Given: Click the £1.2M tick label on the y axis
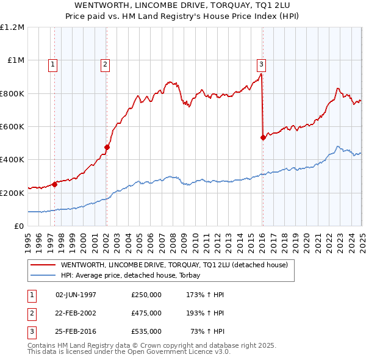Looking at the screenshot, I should click(x=13, y=27).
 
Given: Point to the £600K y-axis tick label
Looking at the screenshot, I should click(x=12, y=127).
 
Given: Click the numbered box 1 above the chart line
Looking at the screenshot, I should click(x=53, y=64).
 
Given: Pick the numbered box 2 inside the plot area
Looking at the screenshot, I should click(x=105, y=64).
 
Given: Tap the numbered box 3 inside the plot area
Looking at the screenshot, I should click(x=260, y=64).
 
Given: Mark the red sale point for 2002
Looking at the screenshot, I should click(x=107, y=147).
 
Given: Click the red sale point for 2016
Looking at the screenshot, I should click(x=263, y=137).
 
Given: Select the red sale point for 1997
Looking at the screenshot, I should click(x=54, y=184).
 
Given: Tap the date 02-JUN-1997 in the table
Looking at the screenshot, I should click(x=76, y=295).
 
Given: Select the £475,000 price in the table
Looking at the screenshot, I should click(x=146, y=313).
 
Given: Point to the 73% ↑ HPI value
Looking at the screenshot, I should click(x=207, y=331).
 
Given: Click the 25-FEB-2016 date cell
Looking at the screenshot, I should click(x=76, y=331).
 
